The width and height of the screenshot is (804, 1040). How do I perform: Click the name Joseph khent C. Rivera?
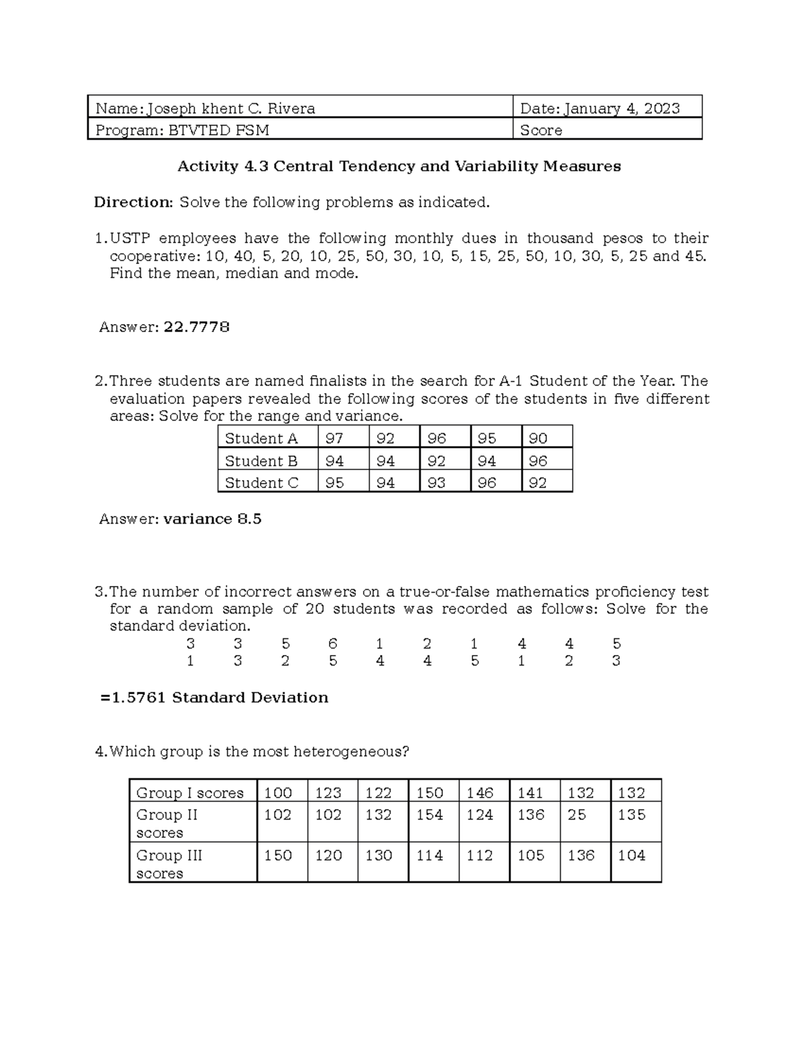pyautogui.click(x=231, y=108)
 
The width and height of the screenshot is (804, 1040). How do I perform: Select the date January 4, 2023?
pyautogui.click(x=621, y=108)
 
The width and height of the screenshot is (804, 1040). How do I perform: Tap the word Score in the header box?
pyautogui.click(x=541, y=131)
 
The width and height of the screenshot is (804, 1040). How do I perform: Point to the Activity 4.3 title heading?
pyautogui.click(x=399, y=166)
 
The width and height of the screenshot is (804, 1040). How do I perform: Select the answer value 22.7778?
pyautogui.click(x=196, y=327)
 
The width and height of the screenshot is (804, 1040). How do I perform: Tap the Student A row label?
pyautogui.click(x=261, y=439)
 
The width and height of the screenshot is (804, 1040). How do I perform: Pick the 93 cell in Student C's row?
pyautogui.click(x=436, y=483)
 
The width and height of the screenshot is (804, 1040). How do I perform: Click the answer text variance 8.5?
pyautogui.click(x=212, y=519)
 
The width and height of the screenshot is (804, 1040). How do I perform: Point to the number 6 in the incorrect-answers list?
pyautogui.click(x=332, y=644)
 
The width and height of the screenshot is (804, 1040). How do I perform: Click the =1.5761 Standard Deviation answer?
pyautogui.click(x=214, y=698)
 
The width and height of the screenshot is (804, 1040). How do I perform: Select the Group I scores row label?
pyautogui.click(x=190, y=793)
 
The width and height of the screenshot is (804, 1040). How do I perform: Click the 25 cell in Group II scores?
pyautogui.click(x=576, y=815)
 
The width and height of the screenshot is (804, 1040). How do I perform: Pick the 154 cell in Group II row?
pyautogui.click(x=429, y=815)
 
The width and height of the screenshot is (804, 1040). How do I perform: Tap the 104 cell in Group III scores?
pyautogui.click(x=631, y=855)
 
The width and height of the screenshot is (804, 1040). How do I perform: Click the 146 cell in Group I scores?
pyautogui.click(x=480, y=793)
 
